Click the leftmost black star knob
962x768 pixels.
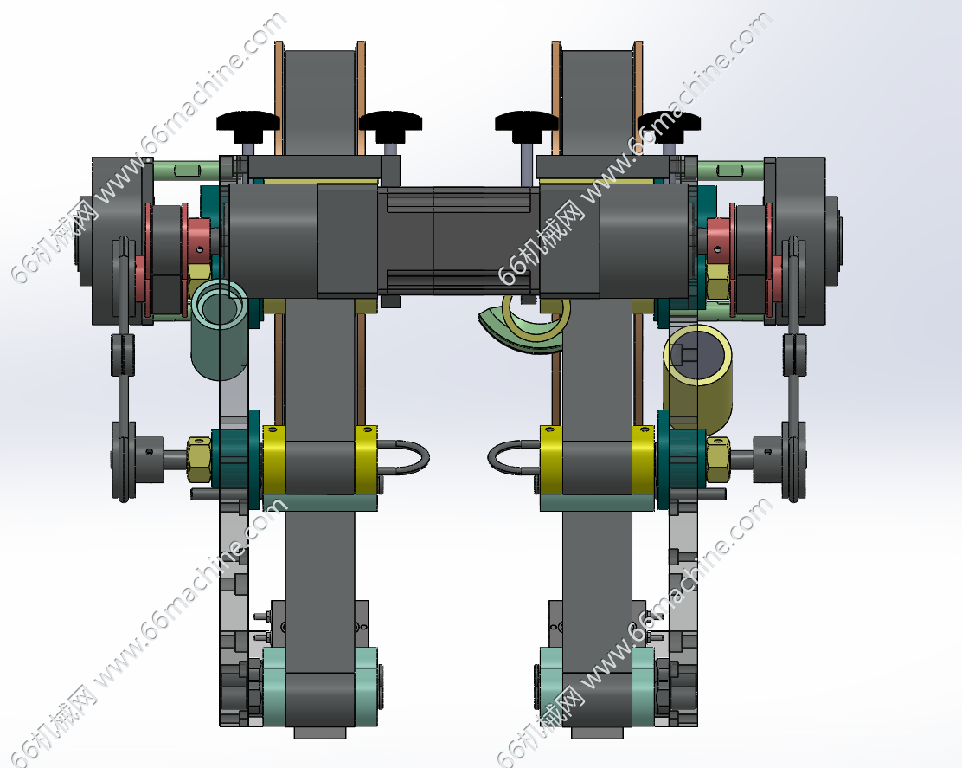pos(248,121)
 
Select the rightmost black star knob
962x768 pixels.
pos(669,121)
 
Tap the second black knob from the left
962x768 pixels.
pos(390,121)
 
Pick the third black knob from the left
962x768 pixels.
pos(526,121)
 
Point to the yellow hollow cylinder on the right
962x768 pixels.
pos(697,377)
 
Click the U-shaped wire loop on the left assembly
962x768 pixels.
pos(405,457)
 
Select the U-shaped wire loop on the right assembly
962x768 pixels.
pos(514,458)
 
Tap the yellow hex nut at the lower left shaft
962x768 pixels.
pos(199,459)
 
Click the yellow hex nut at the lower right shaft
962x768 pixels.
pos(718,459)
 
